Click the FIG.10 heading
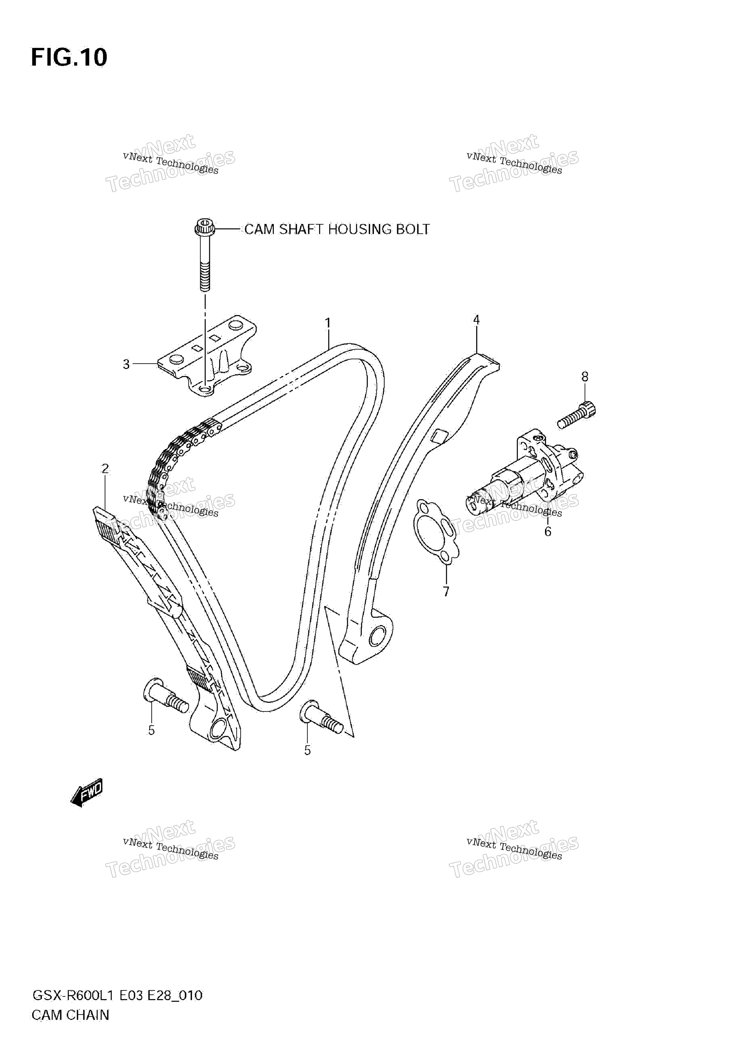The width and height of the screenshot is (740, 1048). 69,58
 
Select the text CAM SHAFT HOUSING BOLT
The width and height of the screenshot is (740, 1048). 337,229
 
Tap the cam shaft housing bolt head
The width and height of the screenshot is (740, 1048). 205,227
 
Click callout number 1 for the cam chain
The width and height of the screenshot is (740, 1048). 327,323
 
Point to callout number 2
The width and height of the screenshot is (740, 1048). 106,468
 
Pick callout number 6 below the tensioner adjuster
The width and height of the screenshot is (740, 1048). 548,531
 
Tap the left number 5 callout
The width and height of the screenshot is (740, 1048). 152,730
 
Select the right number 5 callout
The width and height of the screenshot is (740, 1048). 307,751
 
